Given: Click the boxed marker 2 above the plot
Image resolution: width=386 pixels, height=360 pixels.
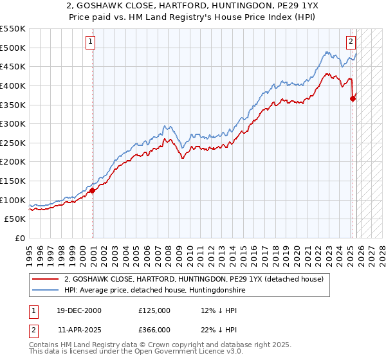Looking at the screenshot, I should (351, 43).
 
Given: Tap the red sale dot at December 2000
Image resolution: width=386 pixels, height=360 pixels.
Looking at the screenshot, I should (93, 190).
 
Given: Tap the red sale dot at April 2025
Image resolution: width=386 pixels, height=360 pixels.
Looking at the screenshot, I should (353, 98).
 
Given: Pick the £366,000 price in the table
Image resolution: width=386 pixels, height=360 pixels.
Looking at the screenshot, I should (154, 329).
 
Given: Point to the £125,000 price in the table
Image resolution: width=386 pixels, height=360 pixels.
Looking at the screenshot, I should (154, 310).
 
